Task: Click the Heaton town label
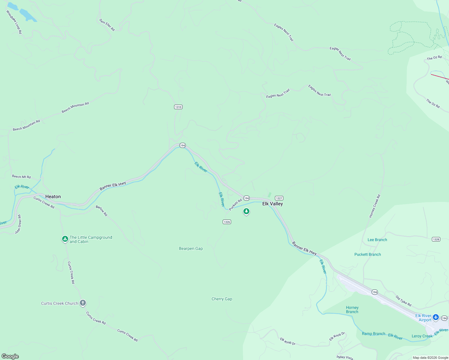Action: [x=53, y=196]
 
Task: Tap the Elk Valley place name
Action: [x=273, y=204]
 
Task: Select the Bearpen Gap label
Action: [x=191, y=248]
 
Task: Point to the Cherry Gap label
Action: [x=222, y=299]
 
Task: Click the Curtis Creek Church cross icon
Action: [x=83, y=303]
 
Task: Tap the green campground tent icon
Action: [x=65, y=239]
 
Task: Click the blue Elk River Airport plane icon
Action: [x=436, y=317]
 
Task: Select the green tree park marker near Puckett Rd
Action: [x=246, y=211]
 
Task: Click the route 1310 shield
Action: [x=178, y=107]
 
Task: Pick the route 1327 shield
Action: [x=279, y=198]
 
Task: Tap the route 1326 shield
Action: [x=227, y=222]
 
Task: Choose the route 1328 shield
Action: [x=436, y=239]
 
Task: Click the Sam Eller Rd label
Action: [x=107, y=25]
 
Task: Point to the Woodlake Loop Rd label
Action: [x=14, y=22]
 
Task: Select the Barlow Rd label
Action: [x=102, y=211]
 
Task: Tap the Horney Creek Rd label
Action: [x=375, y=206]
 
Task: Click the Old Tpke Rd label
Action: [x=403, y=301]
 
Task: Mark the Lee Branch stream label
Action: [x=377, y=240]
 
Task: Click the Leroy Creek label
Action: [x=422, y=336]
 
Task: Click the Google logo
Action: [x=10, y=356]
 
